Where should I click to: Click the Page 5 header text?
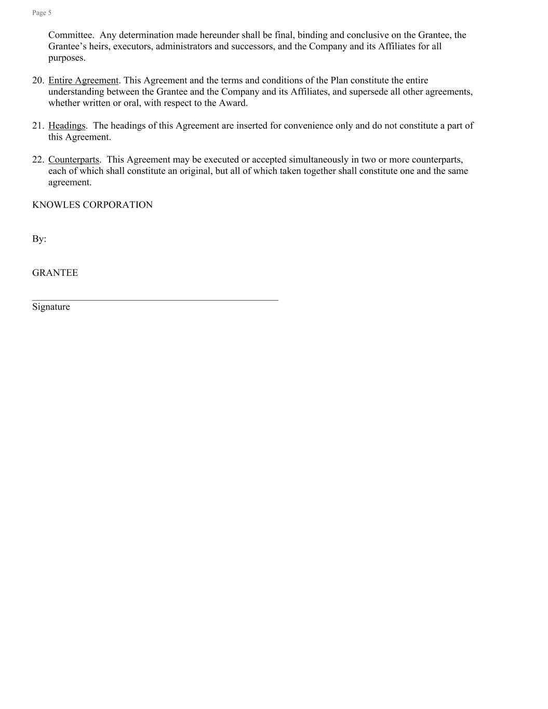[x=42, y=12]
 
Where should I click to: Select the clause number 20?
[x=38, y=80]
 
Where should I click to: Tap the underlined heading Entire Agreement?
[x=83, y=80]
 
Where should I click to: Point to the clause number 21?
[x=38, y=125]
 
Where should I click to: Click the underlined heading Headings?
[x=66, y=125]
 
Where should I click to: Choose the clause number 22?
[x=38, y=159]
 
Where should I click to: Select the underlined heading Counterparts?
[x=73, y=159]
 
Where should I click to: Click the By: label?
[x=39, y=239]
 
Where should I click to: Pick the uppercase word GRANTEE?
[x=55, y=273]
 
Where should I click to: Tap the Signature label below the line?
[x=51, y=306]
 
